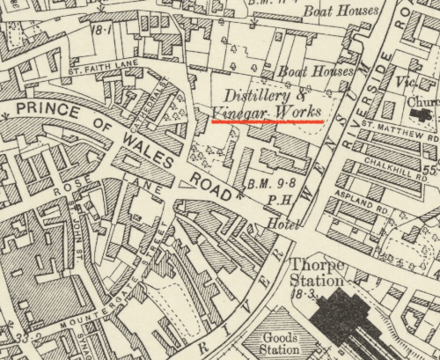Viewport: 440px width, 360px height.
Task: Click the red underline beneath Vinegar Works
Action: coord(268,122)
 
